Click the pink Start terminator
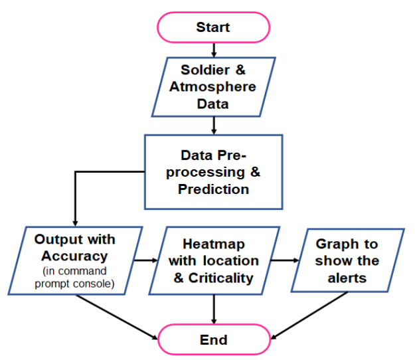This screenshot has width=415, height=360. click(x=213, y=27)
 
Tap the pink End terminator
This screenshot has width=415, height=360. click(x=214, y=339)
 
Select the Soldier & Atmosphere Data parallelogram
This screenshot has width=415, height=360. click(x=214, y=87)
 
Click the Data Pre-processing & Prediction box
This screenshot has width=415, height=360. click(x=214, y=172)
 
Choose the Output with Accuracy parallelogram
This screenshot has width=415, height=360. click(x=75, y=260)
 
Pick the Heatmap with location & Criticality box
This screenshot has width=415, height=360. click(x=214, y=260)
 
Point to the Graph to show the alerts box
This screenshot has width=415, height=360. click(x=347, y=260)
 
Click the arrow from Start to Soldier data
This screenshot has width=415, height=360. click(x=214, y=50)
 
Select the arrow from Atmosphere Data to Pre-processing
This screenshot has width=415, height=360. click(x=214, y=126)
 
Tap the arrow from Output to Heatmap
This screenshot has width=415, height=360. click(x=146, y=260)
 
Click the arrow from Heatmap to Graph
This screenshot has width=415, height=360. click(x=285, y=260)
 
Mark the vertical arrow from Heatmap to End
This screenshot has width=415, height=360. click(x=214, y=309)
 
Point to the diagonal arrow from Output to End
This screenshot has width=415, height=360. click(x=117, y=317)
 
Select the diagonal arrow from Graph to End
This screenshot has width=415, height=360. click(x=309, y=315)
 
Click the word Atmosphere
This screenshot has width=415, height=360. click(x=212, y=87)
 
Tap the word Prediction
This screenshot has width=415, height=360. click(x=214, y=189)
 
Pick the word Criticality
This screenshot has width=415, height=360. click(x=220, y=278)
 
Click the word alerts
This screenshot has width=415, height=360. click(x=347, y=278)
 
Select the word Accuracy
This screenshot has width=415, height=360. click(x=74, y=256)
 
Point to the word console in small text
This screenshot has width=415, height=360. click(x=94, y=284)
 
